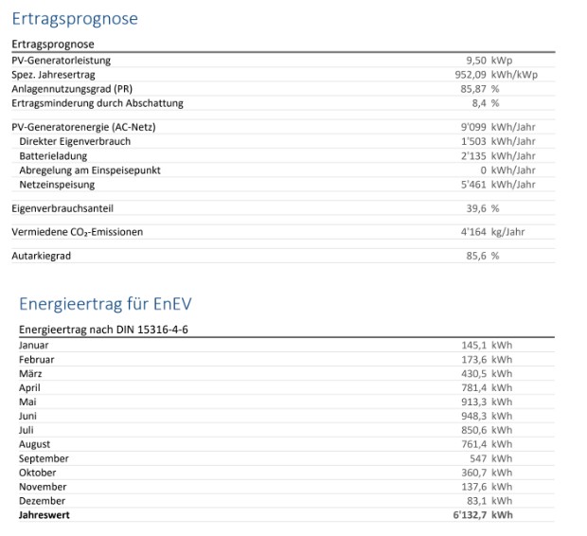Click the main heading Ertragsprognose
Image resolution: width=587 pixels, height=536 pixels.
click(75, 19)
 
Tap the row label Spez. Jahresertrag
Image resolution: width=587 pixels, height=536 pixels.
click(53, 75)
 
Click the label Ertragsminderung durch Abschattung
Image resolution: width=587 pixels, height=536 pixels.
click(98, 103)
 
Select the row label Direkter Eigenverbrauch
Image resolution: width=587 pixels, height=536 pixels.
click(75, 141)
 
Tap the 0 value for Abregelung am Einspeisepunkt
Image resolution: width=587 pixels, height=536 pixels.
click(483, 170)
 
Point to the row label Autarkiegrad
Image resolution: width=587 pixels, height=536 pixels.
click(42, 256)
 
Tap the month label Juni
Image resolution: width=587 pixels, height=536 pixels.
click(28, 416)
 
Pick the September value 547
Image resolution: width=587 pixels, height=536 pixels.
click(479, 458)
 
